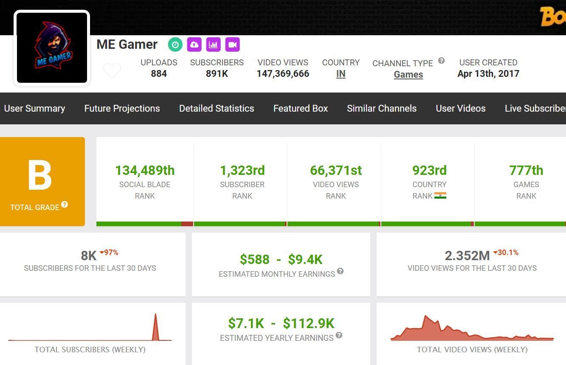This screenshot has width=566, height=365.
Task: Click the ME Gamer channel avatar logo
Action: [52, 48]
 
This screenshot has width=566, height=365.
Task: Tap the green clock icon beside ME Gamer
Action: [175, 45]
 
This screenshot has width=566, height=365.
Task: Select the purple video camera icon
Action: [232, 45]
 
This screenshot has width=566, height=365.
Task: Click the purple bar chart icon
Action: [213, 45]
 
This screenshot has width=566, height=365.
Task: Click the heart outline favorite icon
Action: [112, 70]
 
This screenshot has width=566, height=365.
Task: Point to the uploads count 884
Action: [159, 74]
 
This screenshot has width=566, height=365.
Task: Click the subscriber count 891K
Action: [217, 74]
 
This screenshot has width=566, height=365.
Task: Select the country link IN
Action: [341, 74]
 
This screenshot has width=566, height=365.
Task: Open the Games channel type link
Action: [408, 75]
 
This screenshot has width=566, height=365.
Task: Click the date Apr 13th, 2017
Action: [488, 74]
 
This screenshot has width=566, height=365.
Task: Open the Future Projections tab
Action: [122, 109]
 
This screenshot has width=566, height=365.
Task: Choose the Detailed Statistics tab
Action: [217, 109]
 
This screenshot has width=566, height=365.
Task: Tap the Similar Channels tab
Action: [381, 109]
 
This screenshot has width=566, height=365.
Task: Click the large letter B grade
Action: [40, 176]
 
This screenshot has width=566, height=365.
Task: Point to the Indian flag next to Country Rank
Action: [440, 196]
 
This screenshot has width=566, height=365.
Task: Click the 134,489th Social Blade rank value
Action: [145, 171]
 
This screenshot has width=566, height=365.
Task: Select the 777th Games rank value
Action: [526, 171]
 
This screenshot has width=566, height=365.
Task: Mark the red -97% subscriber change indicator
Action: [109, 253]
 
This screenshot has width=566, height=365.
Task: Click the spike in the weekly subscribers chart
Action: [155, 327]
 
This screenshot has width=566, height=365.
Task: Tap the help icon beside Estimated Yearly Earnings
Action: [339, 335]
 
